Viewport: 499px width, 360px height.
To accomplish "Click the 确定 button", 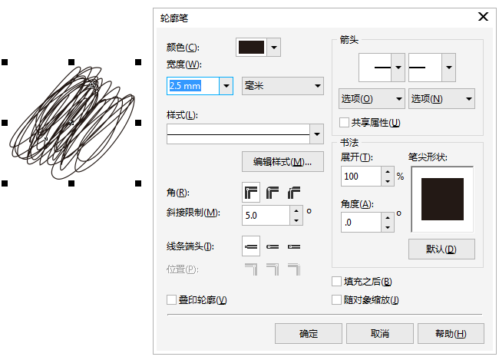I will (x=309, y=333).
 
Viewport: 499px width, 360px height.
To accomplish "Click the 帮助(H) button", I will (x=451, y=333).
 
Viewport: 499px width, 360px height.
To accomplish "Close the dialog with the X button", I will (x=483, y=16).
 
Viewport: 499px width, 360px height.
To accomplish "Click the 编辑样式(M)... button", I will (x=282, y=162).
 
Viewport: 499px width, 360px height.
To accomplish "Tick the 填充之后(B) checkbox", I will (x=337, y=282).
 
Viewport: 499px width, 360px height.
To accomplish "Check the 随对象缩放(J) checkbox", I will (x=337, y=300).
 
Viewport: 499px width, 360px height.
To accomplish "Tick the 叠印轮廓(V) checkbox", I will (x=171, y=299).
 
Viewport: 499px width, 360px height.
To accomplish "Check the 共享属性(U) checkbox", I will (x=345, y=122).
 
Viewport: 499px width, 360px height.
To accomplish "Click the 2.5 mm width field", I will (x=193, y=86).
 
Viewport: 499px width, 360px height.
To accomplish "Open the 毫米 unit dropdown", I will (x=282, y=86).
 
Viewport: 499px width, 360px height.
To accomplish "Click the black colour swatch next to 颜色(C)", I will (x=251, y=48).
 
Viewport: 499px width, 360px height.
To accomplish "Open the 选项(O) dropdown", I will (x=371, y=99).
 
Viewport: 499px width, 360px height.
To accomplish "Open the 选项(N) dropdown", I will (x=441, y=99).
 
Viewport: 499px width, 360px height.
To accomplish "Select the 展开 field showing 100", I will (x=360, y=177).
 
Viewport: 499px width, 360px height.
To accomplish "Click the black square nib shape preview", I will (x=441, y=200).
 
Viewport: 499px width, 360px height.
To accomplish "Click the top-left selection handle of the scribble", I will (x=5, y=61).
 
